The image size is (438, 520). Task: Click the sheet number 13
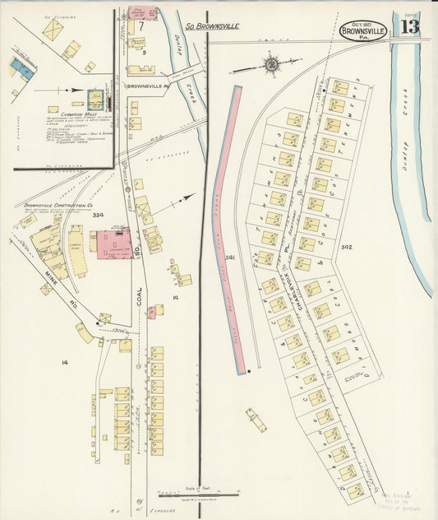[x=409, y=27]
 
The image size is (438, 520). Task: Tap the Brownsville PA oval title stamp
[x=363, y=30]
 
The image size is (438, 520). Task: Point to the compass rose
[x=270, y=64]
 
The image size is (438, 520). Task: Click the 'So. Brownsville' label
[x=211, y=26]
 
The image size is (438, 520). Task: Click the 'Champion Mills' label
[x=78, y=114]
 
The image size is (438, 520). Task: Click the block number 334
[x=98, y=215]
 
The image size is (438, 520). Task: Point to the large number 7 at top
[x=141, y=26]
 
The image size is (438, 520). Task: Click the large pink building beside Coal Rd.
[x=113, y=245]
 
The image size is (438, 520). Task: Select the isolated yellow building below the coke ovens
[x=256, y=420]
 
